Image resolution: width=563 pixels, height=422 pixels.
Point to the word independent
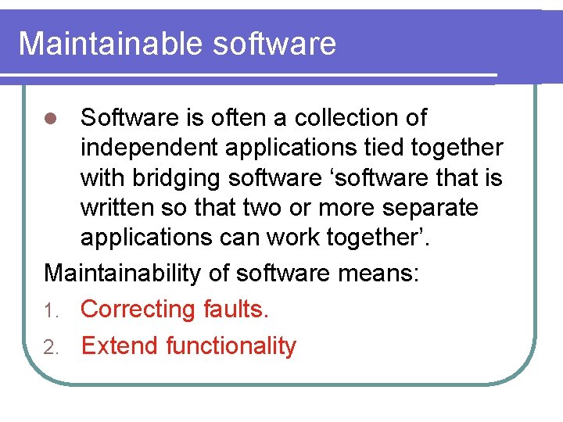coord(153,148)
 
